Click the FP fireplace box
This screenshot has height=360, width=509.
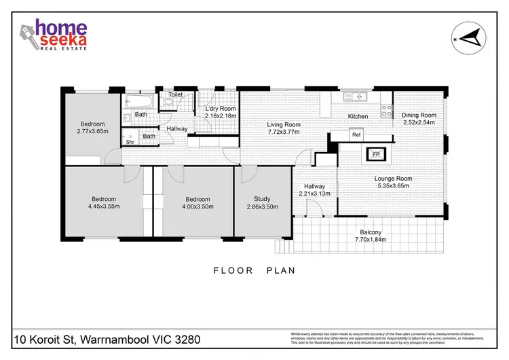click(x=375, y=155)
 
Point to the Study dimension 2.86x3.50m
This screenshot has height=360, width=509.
click(x=263, y=206)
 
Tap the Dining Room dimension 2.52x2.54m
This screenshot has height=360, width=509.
click(x=418, y=124)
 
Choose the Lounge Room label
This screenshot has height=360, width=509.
click(x=394, y=179)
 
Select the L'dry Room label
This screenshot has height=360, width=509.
click(x=221, y=109)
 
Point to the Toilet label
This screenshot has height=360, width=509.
click(x=176, y=95)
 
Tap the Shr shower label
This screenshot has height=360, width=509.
click(x=130, y=143)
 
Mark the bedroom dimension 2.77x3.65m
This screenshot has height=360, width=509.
click(x=92, y=132)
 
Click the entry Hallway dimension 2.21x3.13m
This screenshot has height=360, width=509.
click(x=315, y=194)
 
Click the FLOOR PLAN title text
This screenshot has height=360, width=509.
click(x=254, y=270)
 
